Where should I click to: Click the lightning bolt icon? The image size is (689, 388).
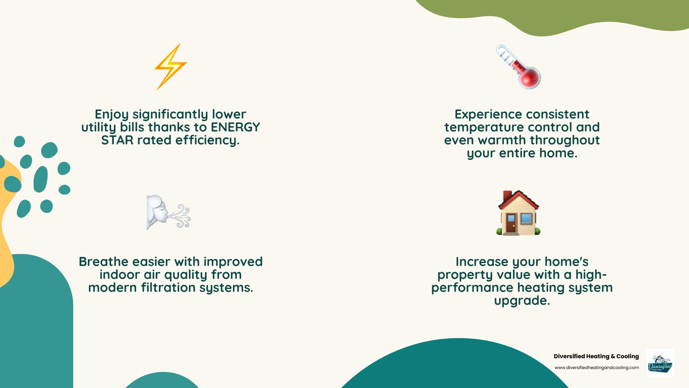171,67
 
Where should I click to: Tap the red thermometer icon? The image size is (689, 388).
518,67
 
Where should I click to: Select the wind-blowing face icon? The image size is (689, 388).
168,212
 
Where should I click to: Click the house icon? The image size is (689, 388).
518,213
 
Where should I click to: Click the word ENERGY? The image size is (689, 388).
235,127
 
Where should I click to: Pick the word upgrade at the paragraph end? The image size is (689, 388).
521,300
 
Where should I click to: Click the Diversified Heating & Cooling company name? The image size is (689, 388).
596,356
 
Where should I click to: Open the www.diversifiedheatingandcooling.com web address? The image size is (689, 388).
596,368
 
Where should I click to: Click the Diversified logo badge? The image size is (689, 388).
660,363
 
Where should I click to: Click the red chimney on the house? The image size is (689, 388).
507,196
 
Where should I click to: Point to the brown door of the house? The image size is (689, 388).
511,223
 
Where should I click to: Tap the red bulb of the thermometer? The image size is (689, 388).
530,78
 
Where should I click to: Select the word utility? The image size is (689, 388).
99,127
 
